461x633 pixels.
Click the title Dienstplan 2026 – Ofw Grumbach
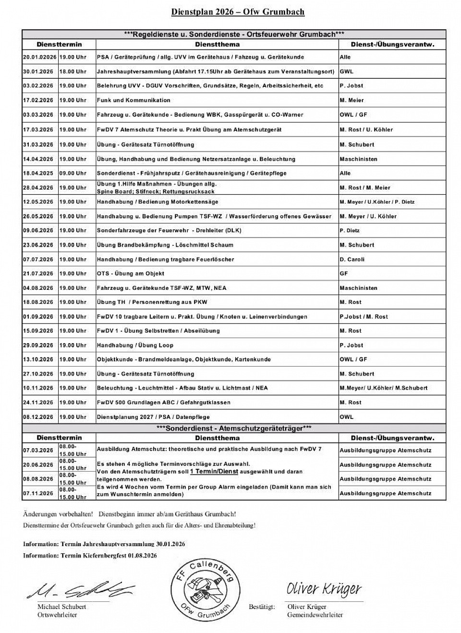238,12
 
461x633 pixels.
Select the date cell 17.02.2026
38,100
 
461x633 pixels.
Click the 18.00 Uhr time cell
73,72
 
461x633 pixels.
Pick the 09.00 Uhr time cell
73,173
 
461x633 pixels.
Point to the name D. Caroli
352,259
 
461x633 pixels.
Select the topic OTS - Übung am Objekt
131,274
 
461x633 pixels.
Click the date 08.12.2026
38,417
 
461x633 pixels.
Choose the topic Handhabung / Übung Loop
135,345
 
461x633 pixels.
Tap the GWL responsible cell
346,72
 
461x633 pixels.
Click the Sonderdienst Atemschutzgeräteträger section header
234,428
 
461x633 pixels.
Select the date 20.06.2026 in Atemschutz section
38,465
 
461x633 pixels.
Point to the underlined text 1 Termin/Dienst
214,472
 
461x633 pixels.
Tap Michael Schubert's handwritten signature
79,589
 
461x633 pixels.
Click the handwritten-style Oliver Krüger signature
324,589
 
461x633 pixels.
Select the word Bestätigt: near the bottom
262,607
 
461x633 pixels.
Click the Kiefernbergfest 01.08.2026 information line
90,555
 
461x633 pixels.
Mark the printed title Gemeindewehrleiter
315,615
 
